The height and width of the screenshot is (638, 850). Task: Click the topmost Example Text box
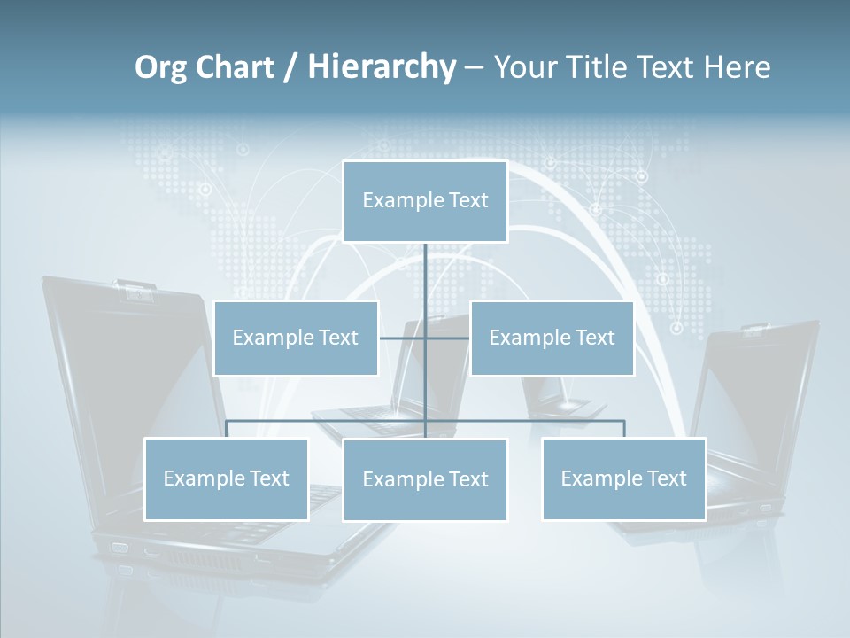click(x=425, y=201)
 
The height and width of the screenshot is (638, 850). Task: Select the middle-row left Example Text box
click(x=296, y=338)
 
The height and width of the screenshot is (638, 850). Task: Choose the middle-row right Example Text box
click(x=552, y=338)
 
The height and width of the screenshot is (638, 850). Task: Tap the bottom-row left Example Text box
click(x=226, y=479)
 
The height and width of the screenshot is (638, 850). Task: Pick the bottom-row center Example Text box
click(x=425, y=480)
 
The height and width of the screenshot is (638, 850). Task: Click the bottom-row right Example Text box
click(x=623, y=479)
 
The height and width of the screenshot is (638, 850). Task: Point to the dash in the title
click(x=474, y=67)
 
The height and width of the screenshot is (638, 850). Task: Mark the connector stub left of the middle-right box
click(x=448, y=338)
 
